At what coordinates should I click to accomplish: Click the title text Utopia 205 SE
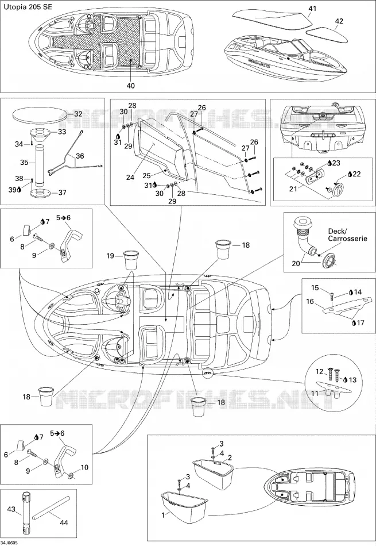point(28,7)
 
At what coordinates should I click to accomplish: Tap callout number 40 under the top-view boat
point(131,85)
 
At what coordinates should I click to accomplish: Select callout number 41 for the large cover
point(313,9)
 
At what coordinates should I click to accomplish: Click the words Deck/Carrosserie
point(347,235)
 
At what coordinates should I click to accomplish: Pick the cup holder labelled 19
point(131,259)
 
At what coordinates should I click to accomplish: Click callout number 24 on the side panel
point(130,177)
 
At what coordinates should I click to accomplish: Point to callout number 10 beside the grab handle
point(84,467)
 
